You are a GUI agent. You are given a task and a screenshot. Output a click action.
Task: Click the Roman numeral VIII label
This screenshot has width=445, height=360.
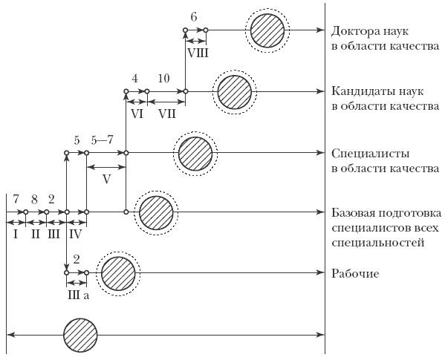coord(198,53)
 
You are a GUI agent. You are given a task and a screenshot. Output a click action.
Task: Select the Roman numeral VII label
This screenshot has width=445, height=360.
coord(167,114)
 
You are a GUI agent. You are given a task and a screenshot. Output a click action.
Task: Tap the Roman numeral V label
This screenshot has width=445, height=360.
coord(106,180)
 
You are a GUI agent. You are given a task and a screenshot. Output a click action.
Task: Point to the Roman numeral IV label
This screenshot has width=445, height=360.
coord(76,235)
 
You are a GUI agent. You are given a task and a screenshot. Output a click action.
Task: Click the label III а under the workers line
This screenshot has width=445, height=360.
coord(78,295)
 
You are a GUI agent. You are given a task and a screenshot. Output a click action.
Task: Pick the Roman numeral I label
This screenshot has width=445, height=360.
coord(16,235)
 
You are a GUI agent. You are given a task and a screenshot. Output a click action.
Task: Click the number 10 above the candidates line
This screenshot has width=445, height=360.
coord(163,78)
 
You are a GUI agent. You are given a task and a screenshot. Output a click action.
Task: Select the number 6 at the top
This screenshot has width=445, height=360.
coord(194,17)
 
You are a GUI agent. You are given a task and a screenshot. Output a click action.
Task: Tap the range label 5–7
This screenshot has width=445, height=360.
coord(103,140)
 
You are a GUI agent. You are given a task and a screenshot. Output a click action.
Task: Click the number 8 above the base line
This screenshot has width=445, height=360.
coord(34,200)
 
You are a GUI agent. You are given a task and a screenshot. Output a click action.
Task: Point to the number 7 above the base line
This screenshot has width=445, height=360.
coord(16,200)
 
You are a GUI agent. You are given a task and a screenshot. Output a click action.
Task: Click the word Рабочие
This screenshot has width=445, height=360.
coord(355,274)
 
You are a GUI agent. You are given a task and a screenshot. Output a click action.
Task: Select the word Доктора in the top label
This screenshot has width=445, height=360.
coord(353,31)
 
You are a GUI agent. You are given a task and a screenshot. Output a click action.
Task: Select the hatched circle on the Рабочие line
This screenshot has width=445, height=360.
coord(118,273)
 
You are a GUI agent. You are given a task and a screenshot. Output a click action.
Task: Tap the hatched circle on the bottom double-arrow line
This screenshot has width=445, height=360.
coord(80,335)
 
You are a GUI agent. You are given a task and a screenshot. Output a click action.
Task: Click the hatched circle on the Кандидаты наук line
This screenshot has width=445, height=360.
coord(235,92)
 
